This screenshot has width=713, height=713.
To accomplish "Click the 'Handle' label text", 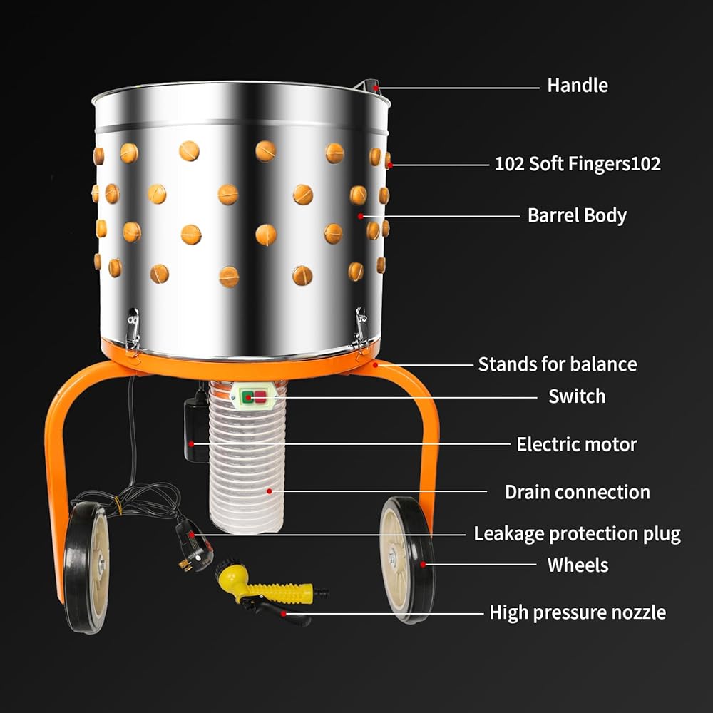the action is click(577, 86).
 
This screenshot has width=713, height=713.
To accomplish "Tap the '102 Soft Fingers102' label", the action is click(578, 164).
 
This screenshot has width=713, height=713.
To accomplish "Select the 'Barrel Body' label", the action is click(577, 215).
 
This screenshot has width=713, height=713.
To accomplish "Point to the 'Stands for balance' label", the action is click(558, 364).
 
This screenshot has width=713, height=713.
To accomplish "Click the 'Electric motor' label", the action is click(577, 444).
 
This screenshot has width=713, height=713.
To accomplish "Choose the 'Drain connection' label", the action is click(578, 492).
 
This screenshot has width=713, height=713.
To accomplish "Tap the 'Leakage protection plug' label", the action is click(577, 534).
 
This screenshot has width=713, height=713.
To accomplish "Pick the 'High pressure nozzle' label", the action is click(578, 612).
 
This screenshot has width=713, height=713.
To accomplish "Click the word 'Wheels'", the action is click(578, 565).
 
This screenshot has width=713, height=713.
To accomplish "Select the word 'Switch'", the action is click(577, 396).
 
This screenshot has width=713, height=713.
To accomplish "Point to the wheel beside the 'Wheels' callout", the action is click(407, 560).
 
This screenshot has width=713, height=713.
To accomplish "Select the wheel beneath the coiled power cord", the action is click(87, 568).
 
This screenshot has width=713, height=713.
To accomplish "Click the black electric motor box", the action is click(196, 430).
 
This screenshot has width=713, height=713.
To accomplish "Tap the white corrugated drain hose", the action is click(247, 456).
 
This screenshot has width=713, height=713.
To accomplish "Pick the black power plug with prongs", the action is click(194, 545).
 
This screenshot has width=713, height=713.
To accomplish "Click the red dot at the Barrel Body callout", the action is click(361, 217).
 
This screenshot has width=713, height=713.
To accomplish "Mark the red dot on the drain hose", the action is click(270, 491).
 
